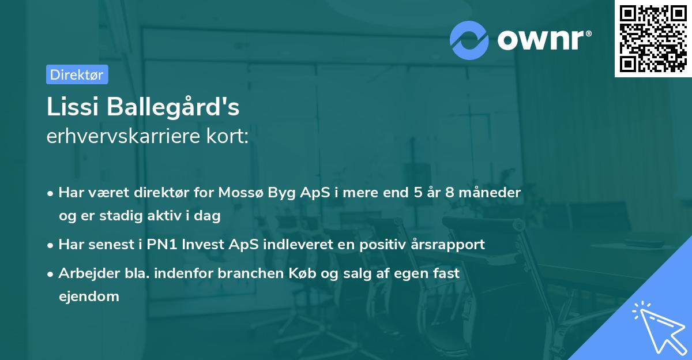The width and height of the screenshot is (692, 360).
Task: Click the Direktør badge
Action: [77, 74]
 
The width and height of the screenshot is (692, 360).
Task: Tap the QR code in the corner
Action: [653, 38]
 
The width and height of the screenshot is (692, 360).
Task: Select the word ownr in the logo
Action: [544, 39]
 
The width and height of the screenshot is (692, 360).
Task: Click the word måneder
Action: [492, 192]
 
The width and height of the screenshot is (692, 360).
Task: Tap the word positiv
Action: [377, 245]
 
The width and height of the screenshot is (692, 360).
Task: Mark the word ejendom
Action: [89, 297]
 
